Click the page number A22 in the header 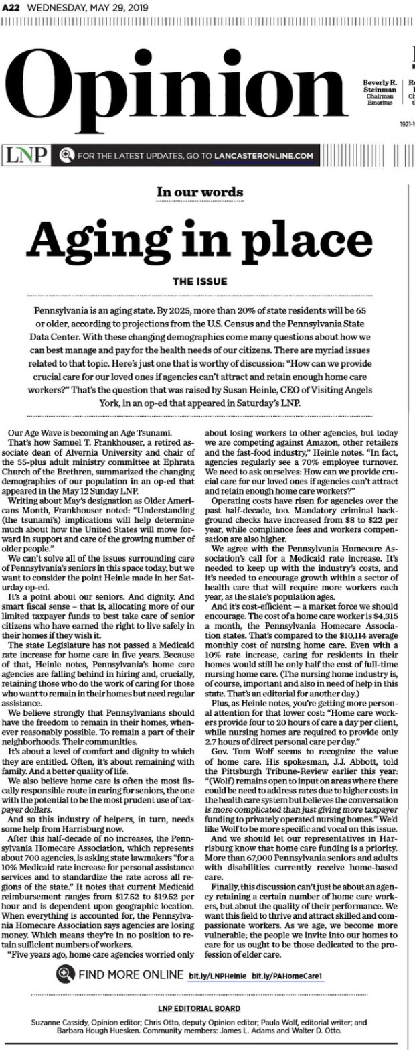tap(11, 7)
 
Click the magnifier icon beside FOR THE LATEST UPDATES tap(66, 156)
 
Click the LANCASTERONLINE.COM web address tap(263, 156)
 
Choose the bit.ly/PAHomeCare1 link tap(279, 974)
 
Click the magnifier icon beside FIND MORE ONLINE tap(66, 974)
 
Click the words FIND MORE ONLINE tap(131, 974)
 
